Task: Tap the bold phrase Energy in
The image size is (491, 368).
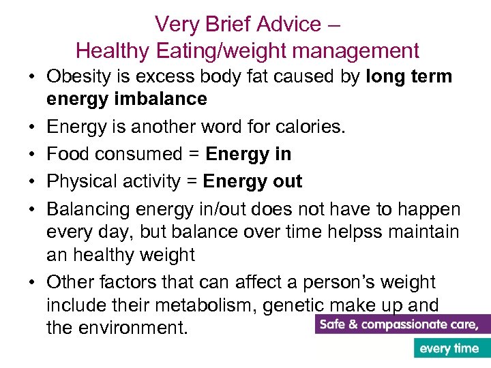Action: [x=248, y=154]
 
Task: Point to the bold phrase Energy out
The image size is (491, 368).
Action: [x=253, y=181]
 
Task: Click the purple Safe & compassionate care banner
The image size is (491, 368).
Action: [x=403, y=324]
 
